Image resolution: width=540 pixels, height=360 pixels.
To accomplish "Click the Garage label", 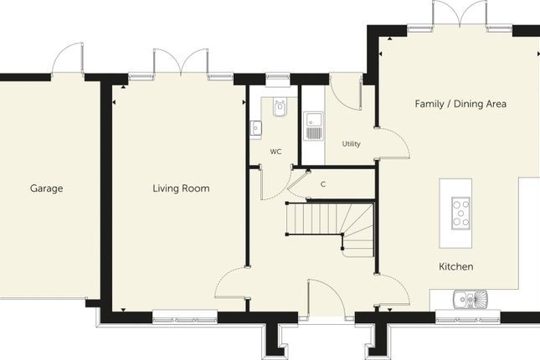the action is click(x=47, y=188).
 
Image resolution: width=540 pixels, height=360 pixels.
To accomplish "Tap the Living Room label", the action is click(x=181, y=188).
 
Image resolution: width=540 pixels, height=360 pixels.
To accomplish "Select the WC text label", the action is click(x=275, y=152).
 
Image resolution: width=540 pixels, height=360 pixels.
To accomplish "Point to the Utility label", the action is click(x=352, y=144).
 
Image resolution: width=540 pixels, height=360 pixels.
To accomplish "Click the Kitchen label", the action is click(x=456, y=266).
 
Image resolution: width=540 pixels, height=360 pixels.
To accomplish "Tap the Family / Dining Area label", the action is click(x=460, y=104).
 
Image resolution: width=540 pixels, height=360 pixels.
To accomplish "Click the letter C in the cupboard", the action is click(x=323, y=185).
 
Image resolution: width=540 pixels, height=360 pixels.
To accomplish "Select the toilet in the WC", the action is click(x=280, y=107).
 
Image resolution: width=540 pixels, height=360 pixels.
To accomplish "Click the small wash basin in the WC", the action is click(x=256, y=129).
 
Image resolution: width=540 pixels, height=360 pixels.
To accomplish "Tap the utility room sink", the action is click(x=313, y=126).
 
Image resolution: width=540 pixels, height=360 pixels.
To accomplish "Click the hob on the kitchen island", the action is click(x=460, y=213).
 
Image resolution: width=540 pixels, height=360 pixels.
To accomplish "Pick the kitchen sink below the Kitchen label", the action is click(x=470, y=299).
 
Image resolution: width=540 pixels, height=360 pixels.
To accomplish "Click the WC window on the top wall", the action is click(x=278, y=76).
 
